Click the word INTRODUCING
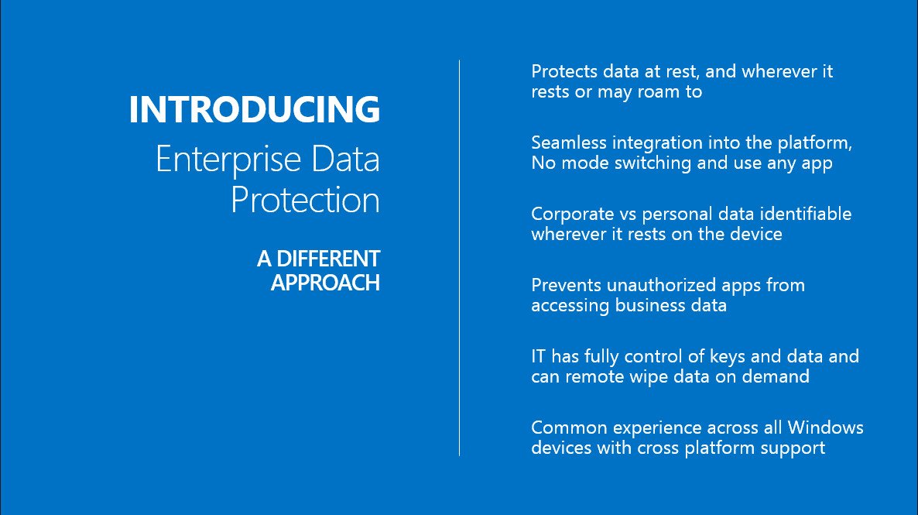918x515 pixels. tap(255, 109)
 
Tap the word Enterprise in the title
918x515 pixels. tap(228, 160)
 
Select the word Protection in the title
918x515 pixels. tap(305, 201)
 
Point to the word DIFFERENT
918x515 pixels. tap(328, 259)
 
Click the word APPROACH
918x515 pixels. tap(326, 283)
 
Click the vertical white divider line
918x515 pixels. tap(460, 258)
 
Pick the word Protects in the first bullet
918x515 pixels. tap(564, 71)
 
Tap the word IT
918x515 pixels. tap(538, 356)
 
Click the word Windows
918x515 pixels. tap(825, 427)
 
